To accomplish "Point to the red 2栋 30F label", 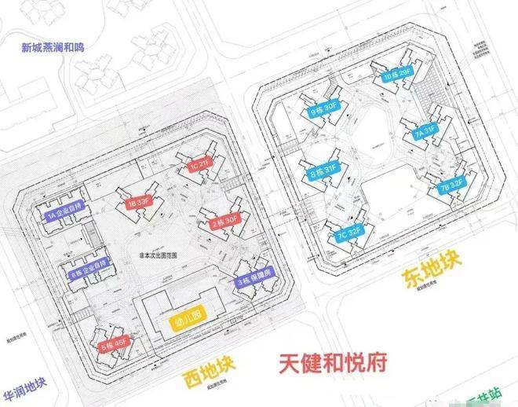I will point(224,222).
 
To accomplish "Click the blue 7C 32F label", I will point(349,233).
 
